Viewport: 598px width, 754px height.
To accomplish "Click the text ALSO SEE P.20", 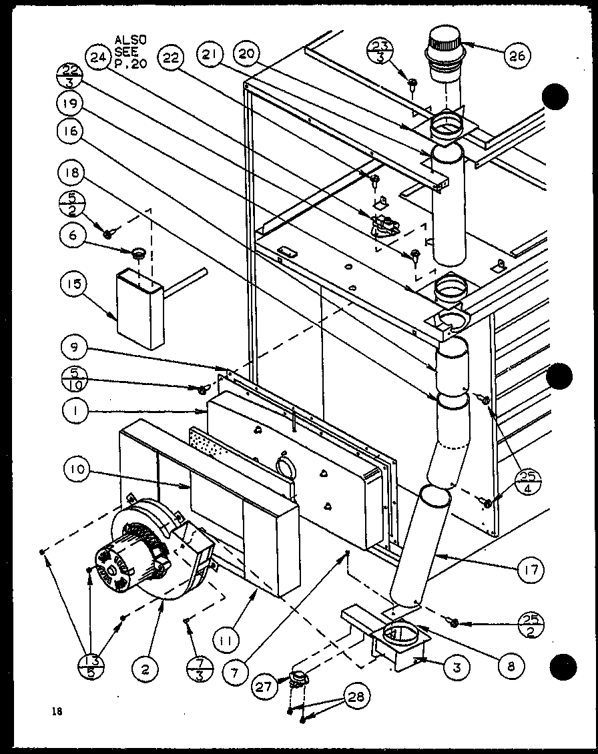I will pyautogui.click(x=129, y=52).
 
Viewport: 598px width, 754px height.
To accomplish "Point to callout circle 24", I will pyautogui.click(x=98, y=57).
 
